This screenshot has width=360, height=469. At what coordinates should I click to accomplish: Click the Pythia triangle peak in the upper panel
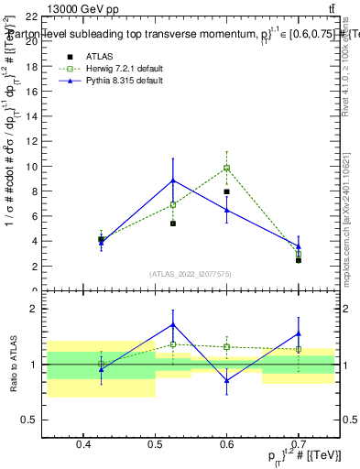[x=173, y=180]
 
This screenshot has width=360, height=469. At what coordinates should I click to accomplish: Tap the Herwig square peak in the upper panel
[x=226, y=168]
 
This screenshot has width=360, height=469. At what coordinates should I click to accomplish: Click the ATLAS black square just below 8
[x=226, y=191]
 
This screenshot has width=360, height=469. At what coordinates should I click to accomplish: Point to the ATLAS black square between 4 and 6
[x=173, y=223]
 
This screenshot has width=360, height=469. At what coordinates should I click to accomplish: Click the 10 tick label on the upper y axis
[x=31, y=168]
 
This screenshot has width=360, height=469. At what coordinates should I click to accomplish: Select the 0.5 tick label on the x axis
[x=156, y=445]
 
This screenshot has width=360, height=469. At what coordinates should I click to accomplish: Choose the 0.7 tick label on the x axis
[x=299, y=445]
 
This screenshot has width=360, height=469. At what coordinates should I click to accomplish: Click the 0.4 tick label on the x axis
[x=84, y=445]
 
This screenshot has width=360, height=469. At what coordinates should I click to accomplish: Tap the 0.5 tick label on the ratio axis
[x=29, y=420]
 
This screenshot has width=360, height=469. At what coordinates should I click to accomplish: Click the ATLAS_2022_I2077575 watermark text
[x=191, y=273]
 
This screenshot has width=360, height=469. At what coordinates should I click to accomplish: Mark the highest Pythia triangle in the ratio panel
[x=173, y=324]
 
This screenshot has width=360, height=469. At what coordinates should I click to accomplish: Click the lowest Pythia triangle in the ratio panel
[x=226, y=380]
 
